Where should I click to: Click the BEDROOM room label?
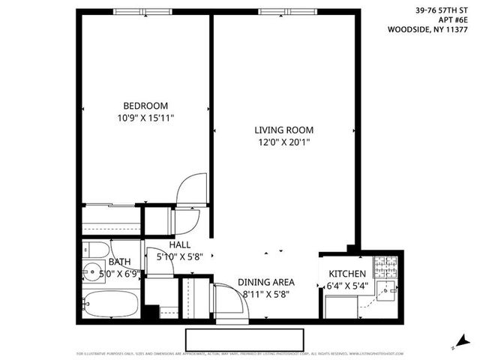pyautogui.click(x=145, y=106)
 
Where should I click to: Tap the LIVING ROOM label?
pyautogui.click(x=283, y=129)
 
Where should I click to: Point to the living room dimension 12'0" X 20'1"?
pyautogui.click(x=283, y=141)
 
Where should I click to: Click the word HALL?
pyautogui.click(x=179, y=245)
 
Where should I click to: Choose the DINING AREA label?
pyautogui.click(x=266, y=283)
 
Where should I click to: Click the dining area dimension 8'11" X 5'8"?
pyautogui.click(x=266, y=294)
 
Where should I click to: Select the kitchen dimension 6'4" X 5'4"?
pyautogui.click(x=346, y=286)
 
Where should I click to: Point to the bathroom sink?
pyautogui.click(x=94, y=271)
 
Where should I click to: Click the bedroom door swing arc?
pyautogui.click(x=193, y=187)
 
